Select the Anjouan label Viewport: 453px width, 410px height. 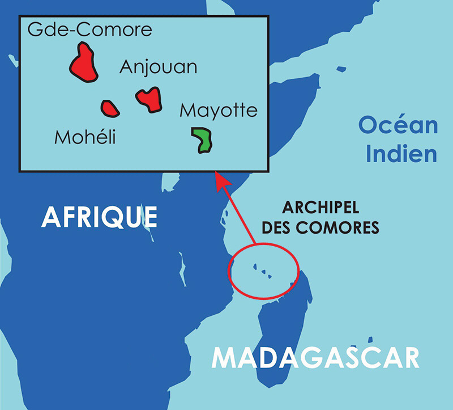pyautogui.click(x=159, y=67)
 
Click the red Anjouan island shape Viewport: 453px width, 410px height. pyautogui.click(x=149, y=99)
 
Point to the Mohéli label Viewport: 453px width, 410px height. pyautogui.click(x=85, y=137)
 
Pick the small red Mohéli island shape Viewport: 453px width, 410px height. pyautogui.click(x=110, y=108)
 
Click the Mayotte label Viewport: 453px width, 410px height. pyautogui.click(x=219, y=111)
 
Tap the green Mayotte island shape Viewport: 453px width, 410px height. pyautogui.click(x=202, y=140)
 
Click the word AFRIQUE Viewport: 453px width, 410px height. pyautogui.click(x=99, y=217)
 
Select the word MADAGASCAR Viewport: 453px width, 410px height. pyautogui.click(x=315, y=358)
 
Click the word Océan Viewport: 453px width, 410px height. pyautogui.click(x=399, y=125)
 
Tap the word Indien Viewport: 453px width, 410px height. pyautogui.click(x=401, y=154)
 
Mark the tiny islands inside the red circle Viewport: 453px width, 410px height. pyautogui.click(x=262, y=272)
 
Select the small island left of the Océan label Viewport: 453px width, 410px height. pyautogui.click(x=341, y=69)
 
